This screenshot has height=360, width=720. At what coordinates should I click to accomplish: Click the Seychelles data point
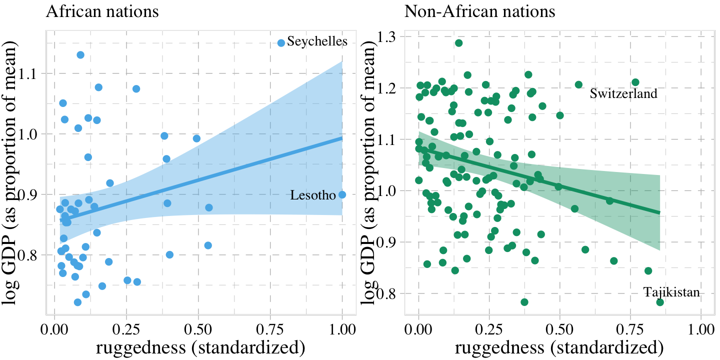click(281, 43)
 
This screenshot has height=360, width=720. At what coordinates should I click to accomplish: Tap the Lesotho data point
click(342, 194)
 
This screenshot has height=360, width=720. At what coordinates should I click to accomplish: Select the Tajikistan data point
click(660, 302)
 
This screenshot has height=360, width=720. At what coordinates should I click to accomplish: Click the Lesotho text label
click(313, 195)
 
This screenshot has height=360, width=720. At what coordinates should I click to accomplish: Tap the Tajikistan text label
click(671, 292)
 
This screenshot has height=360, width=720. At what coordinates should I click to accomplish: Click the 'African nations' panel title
click(102, 11)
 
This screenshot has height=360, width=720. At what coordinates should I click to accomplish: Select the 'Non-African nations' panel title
click(479, 11)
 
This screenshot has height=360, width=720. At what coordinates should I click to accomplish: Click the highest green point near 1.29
click(458, 43)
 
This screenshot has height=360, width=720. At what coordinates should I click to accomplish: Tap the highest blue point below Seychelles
click(80, 54)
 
